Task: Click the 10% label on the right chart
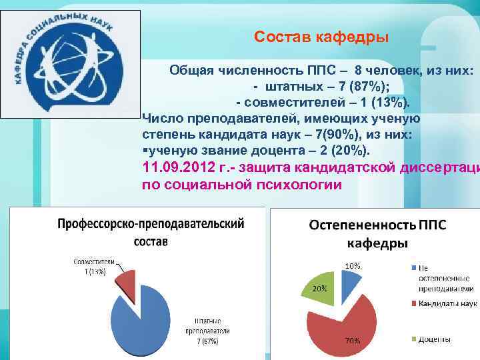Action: [353, 265]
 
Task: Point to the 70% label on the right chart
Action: [352, 341]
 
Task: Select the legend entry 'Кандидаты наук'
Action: [446, 304]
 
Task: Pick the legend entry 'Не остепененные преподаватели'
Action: [445, 278]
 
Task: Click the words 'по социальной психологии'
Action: [241, 185]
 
